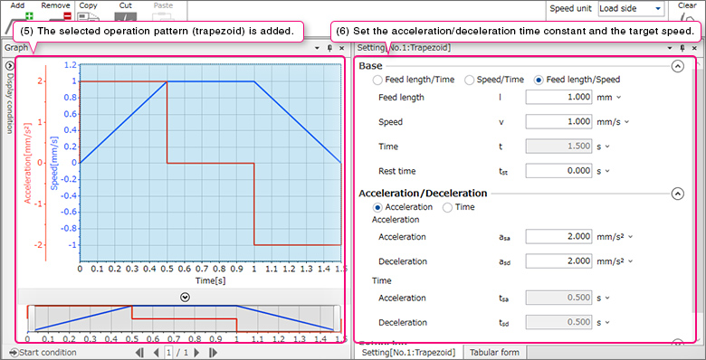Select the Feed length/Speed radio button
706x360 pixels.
pyautogui.click(x=539, y=80)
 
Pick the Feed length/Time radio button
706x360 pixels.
pyautogui.click(x=378, y=80)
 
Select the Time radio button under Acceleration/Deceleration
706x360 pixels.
pyautogui.click(x=448, y=207)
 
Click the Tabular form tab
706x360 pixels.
pyautogui.click(x=494, y=352)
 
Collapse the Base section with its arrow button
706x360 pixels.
pyautogui.click(x=677, y=66)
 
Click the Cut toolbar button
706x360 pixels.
pyautogui.click(x=125, y=14)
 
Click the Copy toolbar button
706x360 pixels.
pyautogui.click(x=88, y=14)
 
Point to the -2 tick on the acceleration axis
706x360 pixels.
pyautogui.click(x=64, y=245)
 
